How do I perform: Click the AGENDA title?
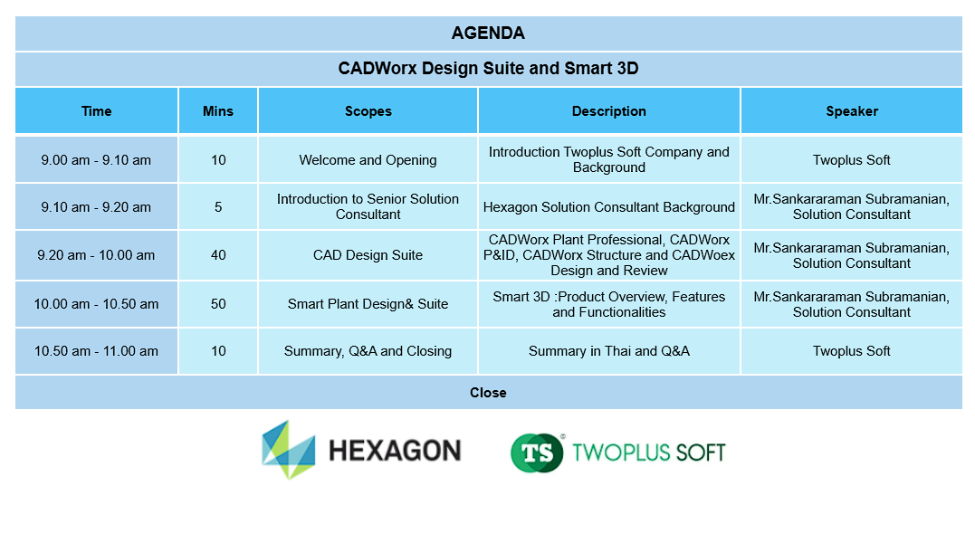[x=488, y=33]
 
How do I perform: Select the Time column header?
[x=96, y=111]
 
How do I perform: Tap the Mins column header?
[x=218, y=111]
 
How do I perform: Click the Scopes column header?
[x=368, y=111]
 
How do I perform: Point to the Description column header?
[x=609, y=111]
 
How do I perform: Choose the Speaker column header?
[x=852, y=111]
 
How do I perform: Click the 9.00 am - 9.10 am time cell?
[x=96, y=159]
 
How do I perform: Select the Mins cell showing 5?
[x=218, y=207]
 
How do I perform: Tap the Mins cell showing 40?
[x=218, y=254]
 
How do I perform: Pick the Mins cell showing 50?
[x=218, y=304]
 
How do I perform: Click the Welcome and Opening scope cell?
[x=368, y=159]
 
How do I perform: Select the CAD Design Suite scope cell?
[x=368, y=254]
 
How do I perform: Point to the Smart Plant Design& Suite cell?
[x=368, y=304]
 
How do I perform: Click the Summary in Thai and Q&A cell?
[x=609, y=351]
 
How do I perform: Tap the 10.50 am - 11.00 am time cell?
[x=96, y=351]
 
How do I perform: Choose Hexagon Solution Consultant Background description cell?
[x=609, y=207]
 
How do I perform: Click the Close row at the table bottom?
[x=488, y=393]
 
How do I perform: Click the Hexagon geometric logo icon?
[x=289, y=450]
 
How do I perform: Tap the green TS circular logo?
[x=537, y=453]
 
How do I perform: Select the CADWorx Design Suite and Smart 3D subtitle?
[x=488, y=69]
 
